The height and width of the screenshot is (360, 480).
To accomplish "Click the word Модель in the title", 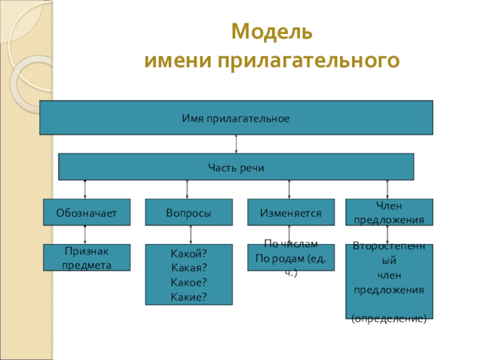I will [272, 32].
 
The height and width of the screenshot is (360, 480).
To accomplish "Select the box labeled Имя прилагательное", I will [236, 118].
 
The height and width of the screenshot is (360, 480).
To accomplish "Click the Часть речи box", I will [236, 167].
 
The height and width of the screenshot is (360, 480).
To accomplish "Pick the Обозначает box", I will [86, 212].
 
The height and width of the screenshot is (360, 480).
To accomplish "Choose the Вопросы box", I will [188, 212].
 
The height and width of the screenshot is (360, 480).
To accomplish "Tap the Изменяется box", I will [291, 212].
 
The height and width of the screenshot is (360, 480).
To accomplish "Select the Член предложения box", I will [389, 212].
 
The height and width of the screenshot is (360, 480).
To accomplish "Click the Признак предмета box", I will [86, 257].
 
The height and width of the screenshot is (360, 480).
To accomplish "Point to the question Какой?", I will [188, 254].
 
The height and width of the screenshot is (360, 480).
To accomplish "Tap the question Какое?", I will [188, 282].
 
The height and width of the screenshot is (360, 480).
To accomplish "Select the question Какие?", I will [188, 296].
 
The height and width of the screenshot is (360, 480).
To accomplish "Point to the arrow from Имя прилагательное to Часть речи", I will [236, 144].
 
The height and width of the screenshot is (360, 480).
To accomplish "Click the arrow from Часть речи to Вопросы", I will [188, 189].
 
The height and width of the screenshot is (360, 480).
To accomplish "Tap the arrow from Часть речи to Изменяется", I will [289, 189].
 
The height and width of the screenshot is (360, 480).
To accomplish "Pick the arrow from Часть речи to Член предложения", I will [387, 189].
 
